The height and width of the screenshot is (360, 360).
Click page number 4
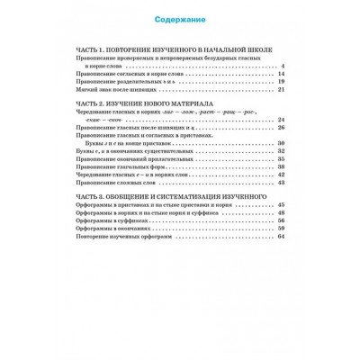click(x=283, y=66)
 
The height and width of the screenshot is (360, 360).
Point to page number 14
click(x=281, y=74)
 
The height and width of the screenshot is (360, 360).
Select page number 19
click(x=281, y=82)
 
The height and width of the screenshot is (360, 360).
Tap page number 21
click(x=281, y=90)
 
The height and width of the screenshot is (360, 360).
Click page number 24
click(x=281, y=121)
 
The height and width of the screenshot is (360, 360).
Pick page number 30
click(x=281, y=145)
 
